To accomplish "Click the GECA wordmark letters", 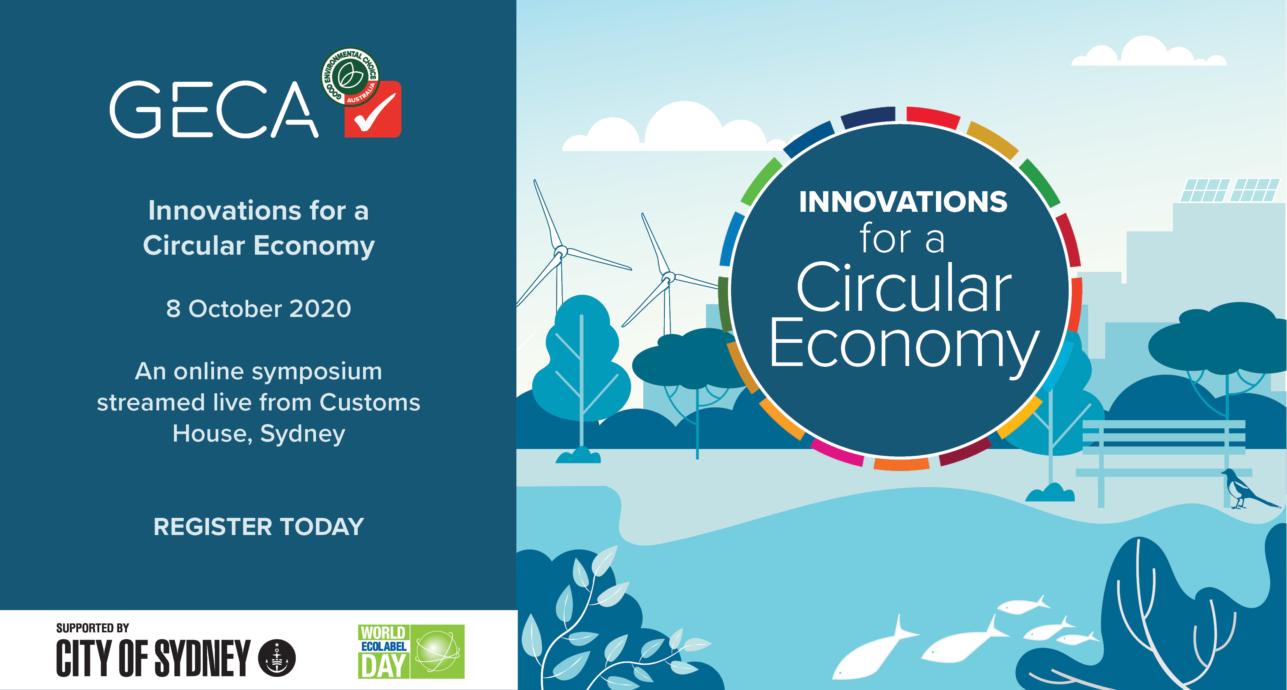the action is (x=214, y=109).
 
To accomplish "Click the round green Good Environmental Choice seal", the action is (x=350, y=76).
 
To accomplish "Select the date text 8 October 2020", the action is (x=259, y=308).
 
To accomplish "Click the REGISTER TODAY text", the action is (x=259, y=526).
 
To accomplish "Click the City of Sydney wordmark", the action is (x=153, y=658).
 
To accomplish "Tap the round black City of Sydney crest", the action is (x=277, y=658).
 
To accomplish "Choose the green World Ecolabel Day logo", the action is (x=411, y=651).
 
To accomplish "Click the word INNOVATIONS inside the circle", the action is (x=903, y=202).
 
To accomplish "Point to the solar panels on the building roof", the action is (x=1229, y=190).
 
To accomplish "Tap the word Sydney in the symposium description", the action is (x=303, y=434).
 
